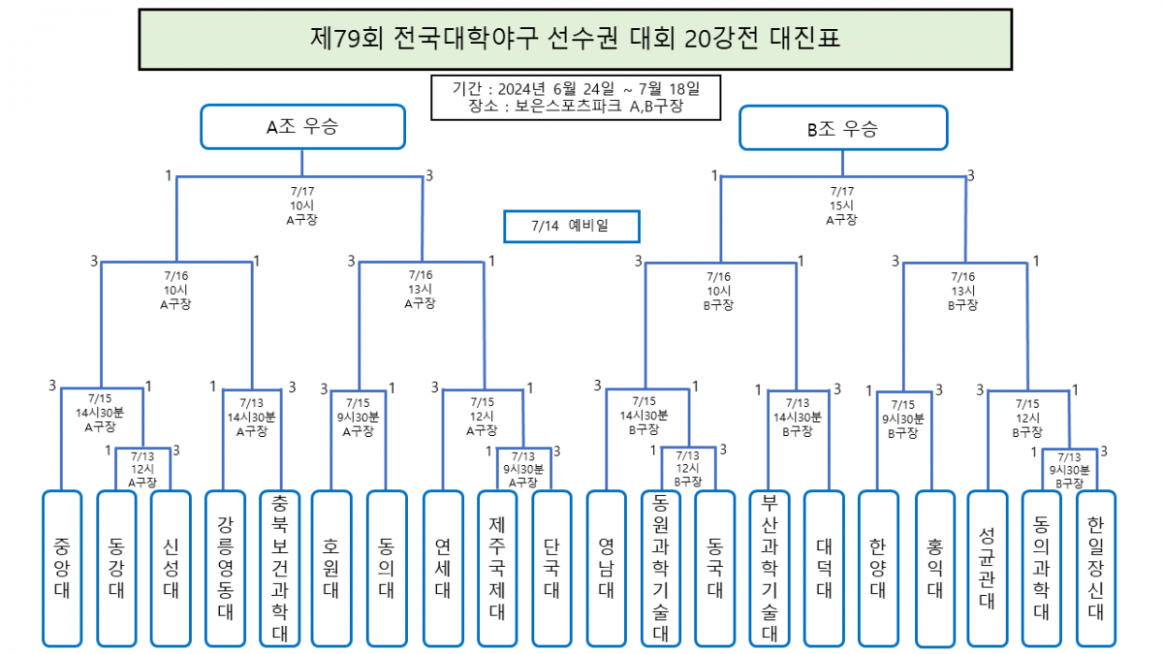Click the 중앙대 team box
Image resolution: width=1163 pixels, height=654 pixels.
[x=62, y=569]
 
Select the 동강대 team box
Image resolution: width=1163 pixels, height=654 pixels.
[x=116, y=569]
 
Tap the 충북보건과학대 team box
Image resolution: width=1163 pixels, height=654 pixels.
[x=280, y=569]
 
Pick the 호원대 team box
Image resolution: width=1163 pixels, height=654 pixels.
[x=331, y=569]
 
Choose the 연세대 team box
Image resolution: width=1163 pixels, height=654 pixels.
[x=443, y=569]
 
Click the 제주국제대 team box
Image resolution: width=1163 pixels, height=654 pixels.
[x=497, y=569]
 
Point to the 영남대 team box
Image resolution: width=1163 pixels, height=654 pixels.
[x=606, y=569]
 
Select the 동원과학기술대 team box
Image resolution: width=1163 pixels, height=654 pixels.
[x=660, y=569]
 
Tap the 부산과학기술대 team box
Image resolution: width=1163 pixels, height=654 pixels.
[x=770, y=569]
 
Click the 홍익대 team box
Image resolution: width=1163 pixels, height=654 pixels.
[x=934, y=569]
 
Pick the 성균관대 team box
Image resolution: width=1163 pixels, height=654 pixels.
[x=987, y=569]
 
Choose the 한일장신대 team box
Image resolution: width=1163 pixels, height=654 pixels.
[x=1095, y=569]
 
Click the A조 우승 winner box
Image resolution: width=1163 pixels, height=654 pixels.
[x=302, y=127]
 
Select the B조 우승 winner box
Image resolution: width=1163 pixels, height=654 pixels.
[x=843, y=128]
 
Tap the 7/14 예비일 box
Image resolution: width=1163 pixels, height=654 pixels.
[x=572, y=227]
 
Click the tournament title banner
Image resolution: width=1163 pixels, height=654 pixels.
[x=576, y=39]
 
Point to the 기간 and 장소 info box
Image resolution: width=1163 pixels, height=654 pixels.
[x=576, y=98]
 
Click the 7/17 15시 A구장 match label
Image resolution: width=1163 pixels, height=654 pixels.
[x=841, y=205]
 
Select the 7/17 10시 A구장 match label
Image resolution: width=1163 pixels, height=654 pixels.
[x=302, y=205]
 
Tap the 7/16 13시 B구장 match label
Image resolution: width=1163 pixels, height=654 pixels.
[x=963, y=291]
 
